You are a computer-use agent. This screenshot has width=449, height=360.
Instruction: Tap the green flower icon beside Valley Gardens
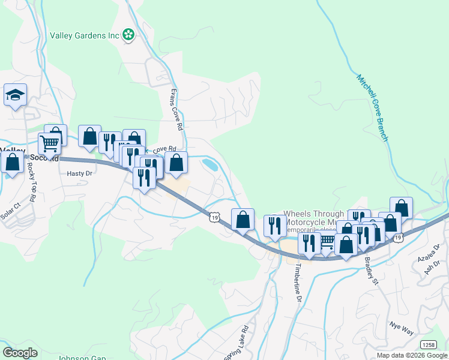click(x=128, y=35)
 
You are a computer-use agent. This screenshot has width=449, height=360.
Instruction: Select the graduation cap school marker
click(x=15, y=95)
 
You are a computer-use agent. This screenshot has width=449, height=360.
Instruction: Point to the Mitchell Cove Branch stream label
click(x=372, y=108)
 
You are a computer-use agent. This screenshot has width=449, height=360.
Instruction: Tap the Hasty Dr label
click(x=80, y=173)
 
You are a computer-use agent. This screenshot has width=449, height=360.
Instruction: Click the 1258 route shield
click(x=428, y=344)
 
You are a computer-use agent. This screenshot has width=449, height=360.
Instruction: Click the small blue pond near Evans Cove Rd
click(x=211, y=164)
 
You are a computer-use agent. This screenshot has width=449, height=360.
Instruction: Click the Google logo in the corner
click(x=20, y=352)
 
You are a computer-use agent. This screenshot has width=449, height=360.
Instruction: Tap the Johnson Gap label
click(x=82, y=358)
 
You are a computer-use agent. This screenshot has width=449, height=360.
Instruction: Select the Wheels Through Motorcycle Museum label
click(x=313, y=218)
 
